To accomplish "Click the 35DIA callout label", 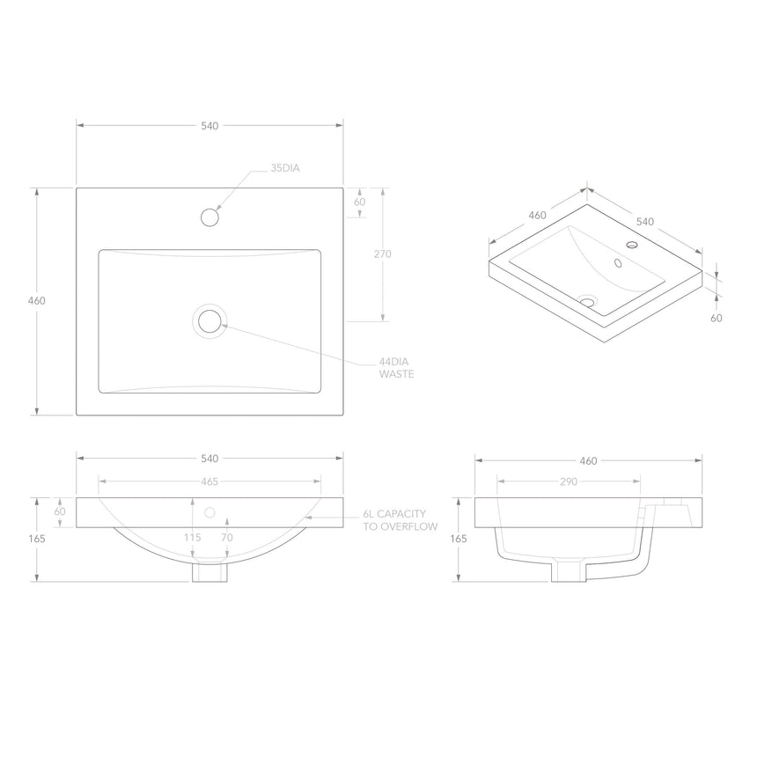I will pyautogui.click(x=286, y=166).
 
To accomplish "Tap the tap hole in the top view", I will pyautogui.click(x=210, y=216).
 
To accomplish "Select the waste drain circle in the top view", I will pyautogui.click(x=209, y=321).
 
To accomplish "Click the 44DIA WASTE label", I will pyautogui.click(x=396, y=368).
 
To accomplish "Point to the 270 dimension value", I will pyautogui.click(x=382, y=254).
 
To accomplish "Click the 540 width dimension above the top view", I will pyautogui.click(x=209, y=126).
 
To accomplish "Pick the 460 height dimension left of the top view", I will pyautogui.click(x=37, y=300).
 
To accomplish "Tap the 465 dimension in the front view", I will pyautogui.click(x=209, y=481).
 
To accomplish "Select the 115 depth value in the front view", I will pyautogui.click(x=194, y=537).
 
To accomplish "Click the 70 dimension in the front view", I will pyautogui.click(x=227, y=537).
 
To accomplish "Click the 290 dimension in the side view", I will pyautogui.click(x=568, y=481).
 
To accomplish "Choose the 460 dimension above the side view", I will pyautogui.click(x=588, y=460).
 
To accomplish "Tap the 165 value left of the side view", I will pyautogui.click(x=458, y=538).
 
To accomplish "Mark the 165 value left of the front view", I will pyautogui.click(x=37, y=538).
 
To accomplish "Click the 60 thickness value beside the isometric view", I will pyautogui.click(x=717, y=318).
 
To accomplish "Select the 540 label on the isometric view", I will pyautogui.click(x=645, y=221).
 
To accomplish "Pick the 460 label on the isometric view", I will pyautogui.click(x=537, y=216).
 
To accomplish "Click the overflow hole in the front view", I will pyautogui.click(x=209, y=511).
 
